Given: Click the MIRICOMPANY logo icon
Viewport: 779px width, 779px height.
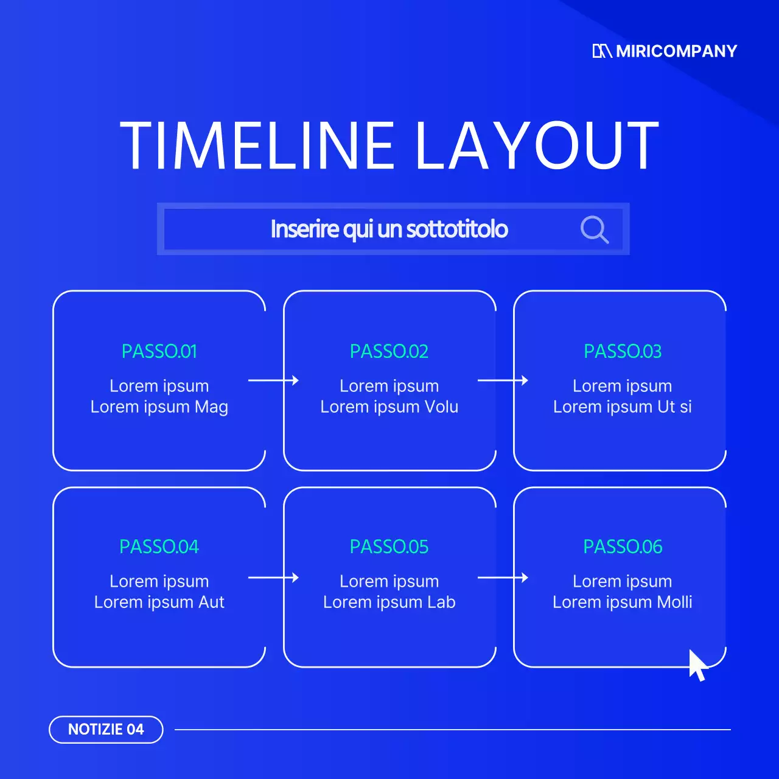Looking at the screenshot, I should pyautogui.click(x=601, y=51).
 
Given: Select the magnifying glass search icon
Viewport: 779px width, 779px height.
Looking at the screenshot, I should pyautogui.click(x=594, y=229).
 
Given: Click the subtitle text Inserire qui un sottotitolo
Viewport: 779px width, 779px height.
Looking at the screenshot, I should pyautogui.click(x=389, y=229).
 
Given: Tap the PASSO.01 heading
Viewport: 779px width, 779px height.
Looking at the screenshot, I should pyautogui.click(x=159, y=351).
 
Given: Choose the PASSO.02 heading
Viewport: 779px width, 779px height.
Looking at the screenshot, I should pyautogui.click(x=389, y=351).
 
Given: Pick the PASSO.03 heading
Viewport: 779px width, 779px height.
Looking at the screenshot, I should pyautogui.click(x=622, y=351).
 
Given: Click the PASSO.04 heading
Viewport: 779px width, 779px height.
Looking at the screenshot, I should pyautogui.click(x=159, y=547).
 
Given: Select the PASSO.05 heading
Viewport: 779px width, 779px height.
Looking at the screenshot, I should pyautogui.click(x=389, y=547).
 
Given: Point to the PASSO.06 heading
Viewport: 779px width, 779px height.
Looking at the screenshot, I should pyautogui.click(x=622, y=547).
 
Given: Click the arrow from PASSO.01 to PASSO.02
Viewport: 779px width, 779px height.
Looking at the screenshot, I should pyautogui.click(x=273, y=380).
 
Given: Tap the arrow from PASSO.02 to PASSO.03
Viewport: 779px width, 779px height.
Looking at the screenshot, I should pyautogui.click(x=503, y=380).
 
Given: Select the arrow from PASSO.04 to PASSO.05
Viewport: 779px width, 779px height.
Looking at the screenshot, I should pyautogui.click(x=273, y=578).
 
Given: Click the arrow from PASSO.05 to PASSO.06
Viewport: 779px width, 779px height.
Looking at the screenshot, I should pyautogui.click(x=503, y=578).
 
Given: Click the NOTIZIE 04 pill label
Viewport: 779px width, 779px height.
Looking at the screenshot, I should pyautogui.click(x=106, y=729).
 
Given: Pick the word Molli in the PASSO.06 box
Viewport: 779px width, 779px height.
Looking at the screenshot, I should pyautogui.click(x=674, y=602).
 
